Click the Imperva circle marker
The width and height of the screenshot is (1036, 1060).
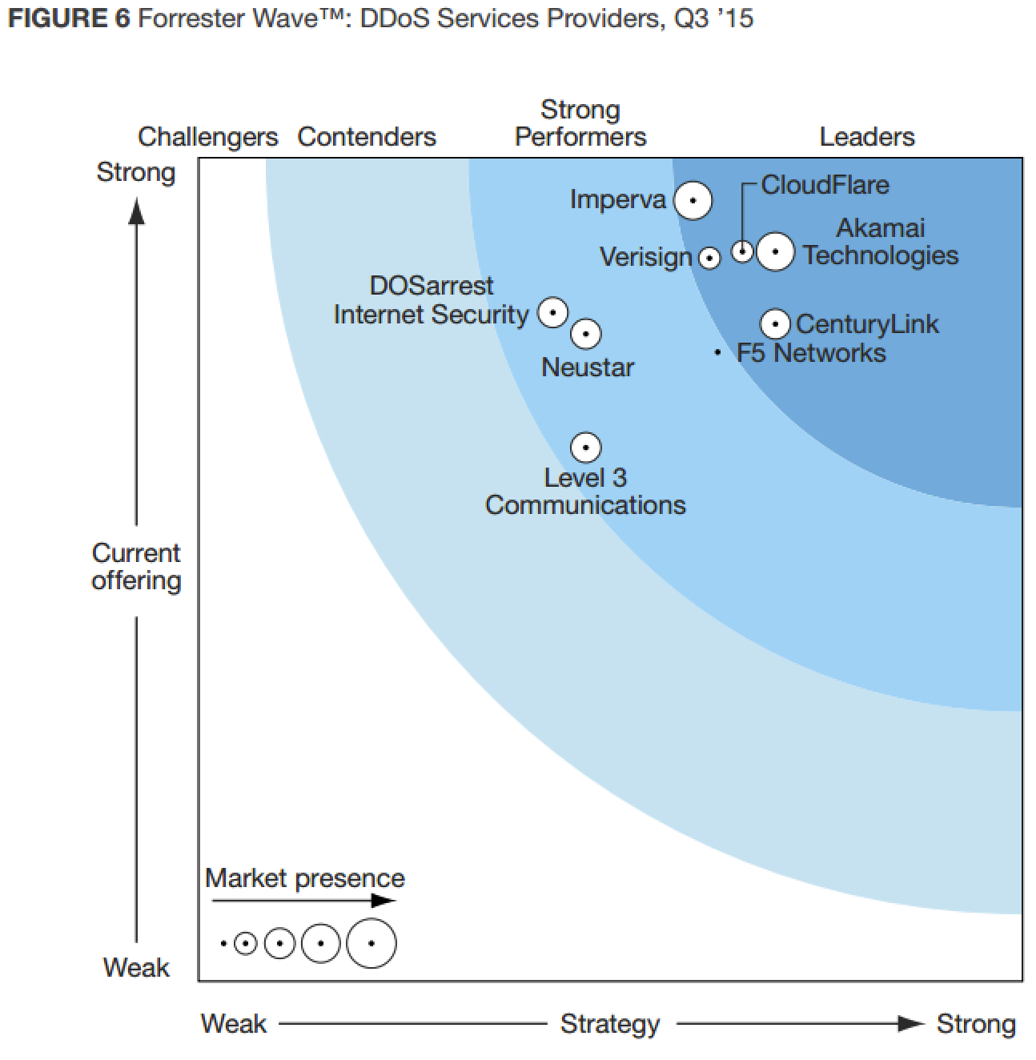click(x=693, y=200)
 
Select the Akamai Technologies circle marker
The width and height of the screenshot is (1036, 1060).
click(x=775, y=251)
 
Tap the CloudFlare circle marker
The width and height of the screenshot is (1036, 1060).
click(x=743, y=251)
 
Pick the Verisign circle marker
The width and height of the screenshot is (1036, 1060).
click(x=709, y=258)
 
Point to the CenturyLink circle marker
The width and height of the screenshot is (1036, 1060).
click(x=775, y=323)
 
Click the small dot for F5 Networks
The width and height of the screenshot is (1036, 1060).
click(x=718, y=352)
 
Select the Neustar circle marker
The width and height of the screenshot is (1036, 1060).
click(x=586, y=334)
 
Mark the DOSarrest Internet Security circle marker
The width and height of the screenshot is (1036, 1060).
click(x=552, y=312)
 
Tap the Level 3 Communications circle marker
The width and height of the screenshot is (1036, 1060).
click(x=586, y=448)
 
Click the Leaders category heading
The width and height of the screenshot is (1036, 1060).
click(x=867, y=137)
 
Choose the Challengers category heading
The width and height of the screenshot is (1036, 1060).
click(x=207, y=137)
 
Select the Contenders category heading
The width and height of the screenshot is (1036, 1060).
click(x=367, y=137)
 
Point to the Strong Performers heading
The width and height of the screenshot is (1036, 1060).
click(x=580, y=123)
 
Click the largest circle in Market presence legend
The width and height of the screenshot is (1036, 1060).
click(x=371, y=943)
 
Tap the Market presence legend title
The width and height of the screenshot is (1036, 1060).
click(x=305, y=878)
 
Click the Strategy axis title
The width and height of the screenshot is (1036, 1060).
click(x=610, y=1023)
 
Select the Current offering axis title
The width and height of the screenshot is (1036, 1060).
click(x=136, y=566)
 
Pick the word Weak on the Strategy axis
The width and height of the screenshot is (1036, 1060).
click(x=234, y=1023)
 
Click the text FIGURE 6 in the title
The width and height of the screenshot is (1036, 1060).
click(x=69, y=18)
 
